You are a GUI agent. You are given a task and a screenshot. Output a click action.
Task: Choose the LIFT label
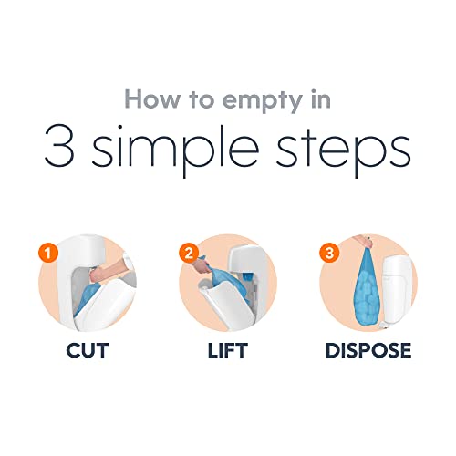click(x=227, y=350)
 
